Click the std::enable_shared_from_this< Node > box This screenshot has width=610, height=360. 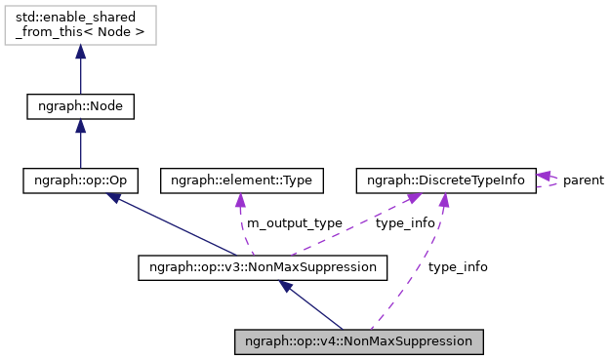pos(80,26)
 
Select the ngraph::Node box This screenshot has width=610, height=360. pos(80,105)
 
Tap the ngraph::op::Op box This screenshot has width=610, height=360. pos(80,180)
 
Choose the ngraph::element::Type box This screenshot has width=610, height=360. pos(241,180)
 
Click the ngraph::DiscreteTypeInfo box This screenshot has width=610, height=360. pos(446,180)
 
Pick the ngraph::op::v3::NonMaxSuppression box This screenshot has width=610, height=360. pos(263,265)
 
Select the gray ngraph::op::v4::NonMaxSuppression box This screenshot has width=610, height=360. pos(359,342)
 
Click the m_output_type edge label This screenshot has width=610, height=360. pos(294,223)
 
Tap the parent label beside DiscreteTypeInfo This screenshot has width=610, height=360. pos(583,180)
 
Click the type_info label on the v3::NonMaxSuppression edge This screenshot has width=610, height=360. pos(405,223)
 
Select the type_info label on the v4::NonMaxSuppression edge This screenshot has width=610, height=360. pos(458,266)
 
